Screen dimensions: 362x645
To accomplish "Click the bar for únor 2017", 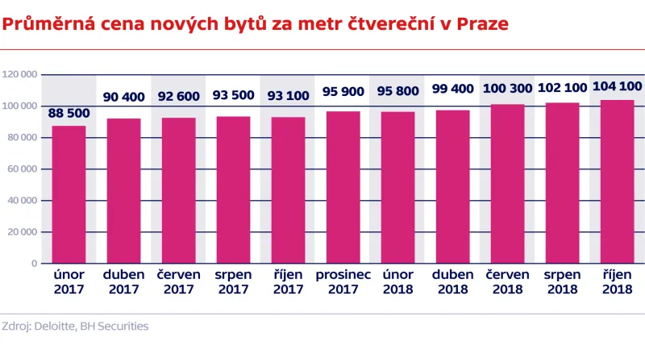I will (x=69, y=194).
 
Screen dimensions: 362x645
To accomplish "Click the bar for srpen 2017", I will (x=233, y=189).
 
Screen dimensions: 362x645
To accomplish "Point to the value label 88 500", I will (x=69, y=112).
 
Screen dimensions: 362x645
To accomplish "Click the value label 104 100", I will (x=617, y=86).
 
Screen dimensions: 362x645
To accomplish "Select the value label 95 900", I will (x=343, y=92).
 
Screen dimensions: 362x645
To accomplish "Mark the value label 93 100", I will (x=288, y=96).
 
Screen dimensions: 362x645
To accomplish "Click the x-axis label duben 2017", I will (x=123, y=281).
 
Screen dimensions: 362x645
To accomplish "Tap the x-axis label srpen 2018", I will (x=562, y=281).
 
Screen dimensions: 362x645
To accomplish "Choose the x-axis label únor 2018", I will (x=397, y=281).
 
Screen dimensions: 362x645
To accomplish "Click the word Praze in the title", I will (x=482, y=23).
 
